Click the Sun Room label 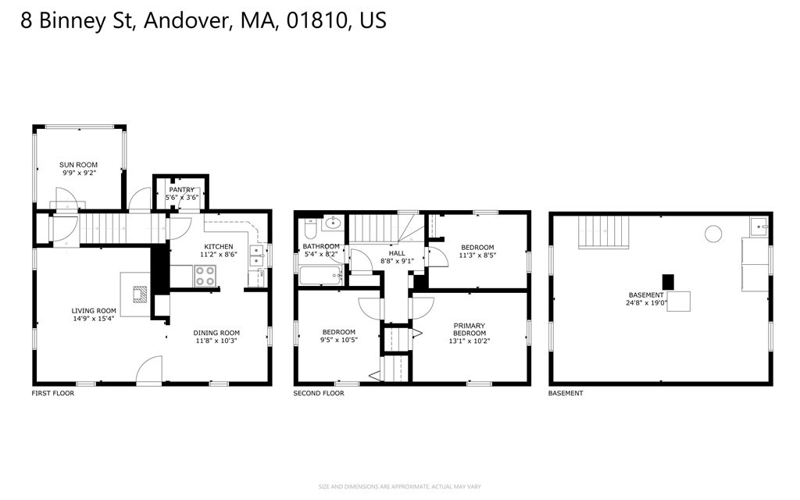point(79,165)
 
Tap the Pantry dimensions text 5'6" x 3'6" point(182,198)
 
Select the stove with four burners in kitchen point(205,276)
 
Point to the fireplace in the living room point(140,294)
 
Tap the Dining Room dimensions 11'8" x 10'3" point(216,341)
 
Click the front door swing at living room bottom point(148,370)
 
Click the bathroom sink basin point(334,222)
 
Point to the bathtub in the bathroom point(320,276)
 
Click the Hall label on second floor point(397,253)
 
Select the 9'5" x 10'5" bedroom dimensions point(338,341)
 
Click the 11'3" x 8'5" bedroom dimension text point(477,255)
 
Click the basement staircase point(603,232)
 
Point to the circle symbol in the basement point(712,233)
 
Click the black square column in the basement point(668,281)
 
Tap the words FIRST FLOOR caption point(53,393)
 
